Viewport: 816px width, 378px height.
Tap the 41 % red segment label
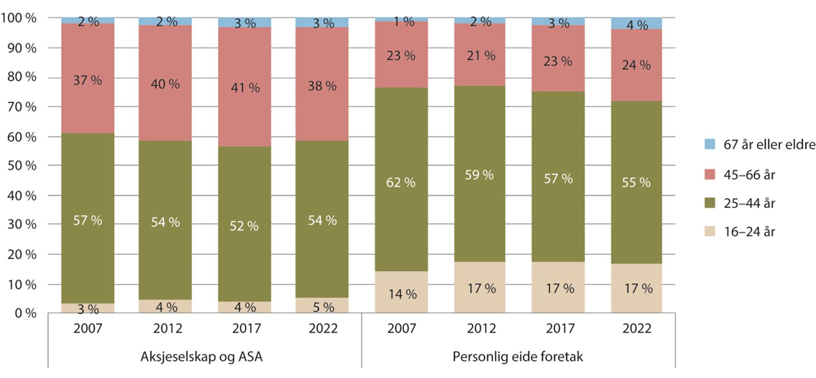pyautogui.click(x=245, y=88)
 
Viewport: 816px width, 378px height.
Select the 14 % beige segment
pyautogui.click(x=401, y=292)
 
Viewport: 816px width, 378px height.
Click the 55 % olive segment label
pyautogui.click(x=636, y=182)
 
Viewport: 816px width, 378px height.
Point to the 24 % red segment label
pyautogui.click(x=636, y=65)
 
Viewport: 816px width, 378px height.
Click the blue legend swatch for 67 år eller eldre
pyautogui.click(x=709, y=144)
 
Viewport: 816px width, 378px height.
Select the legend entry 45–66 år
pyautogui.click(x=749, y=175)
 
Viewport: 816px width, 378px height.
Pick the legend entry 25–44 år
pyautogui.click(x=749, y=203)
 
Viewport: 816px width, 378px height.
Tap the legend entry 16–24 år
pyautogui.click(x=749, y=232)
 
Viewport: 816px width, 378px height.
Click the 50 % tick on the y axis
pyautogui.click(x=22, y=166)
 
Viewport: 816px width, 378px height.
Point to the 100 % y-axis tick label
pyautogui.click(x=19, y=18)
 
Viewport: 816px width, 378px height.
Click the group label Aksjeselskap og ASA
pyautogui.click(x=201, y=357)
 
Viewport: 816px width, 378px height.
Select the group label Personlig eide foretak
pyautogui.click(x=518, y=357)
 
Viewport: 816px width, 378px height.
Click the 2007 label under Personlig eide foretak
pyautogui.click(x=401, y=328)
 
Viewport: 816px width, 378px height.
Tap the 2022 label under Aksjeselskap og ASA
pyautogui.click(x=323, y=328)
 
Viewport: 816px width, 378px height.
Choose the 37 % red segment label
pyautogui.click(x=87, y=81)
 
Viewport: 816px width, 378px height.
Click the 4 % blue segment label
pyautogui.click(x=637, y=25)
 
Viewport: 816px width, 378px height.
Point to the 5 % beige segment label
pyautogui.click(x=323, y=308)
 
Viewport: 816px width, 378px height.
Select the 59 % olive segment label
pyautogui.click(x=479, y=175)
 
